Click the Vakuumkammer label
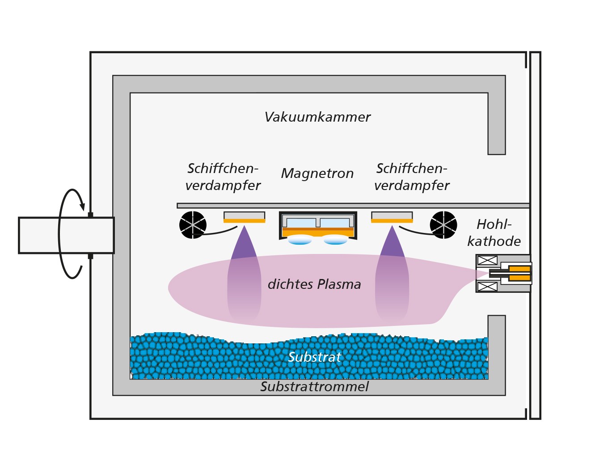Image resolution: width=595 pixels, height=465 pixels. (317, 117)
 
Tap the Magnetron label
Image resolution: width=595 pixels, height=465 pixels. (317, 173)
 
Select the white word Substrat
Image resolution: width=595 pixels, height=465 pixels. (315, 357)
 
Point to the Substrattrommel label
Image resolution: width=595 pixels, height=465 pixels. (314, 386)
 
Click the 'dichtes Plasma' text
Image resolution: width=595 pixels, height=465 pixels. (314, 284)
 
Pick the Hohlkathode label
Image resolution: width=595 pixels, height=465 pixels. (494, 233)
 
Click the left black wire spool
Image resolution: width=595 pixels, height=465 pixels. (193, 225)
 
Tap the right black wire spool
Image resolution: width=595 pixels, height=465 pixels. (443, 225)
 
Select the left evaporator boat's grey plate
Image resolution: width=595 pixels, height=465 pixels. (244, 216)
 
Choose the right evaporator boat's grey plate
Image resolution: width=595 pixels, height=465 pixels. (392, 216)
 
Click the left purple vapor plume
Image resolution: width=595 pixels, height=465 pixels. (244, 274)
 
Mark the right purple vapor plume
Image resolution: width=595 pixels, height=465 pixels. (392, 274)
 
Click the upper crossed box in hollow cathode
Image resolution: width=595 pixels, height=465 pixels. (487, 260)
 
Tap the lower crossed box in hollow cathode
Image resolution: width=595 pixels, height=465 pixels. (487, 287)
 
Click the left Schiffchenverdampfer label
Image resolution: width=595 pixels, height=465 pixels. (223, 177)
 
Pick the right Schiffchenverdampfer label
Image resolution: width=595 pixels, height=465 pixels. (412, 177)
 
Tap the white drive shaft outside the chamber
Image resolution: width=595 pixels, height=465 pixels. (66, 235)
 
